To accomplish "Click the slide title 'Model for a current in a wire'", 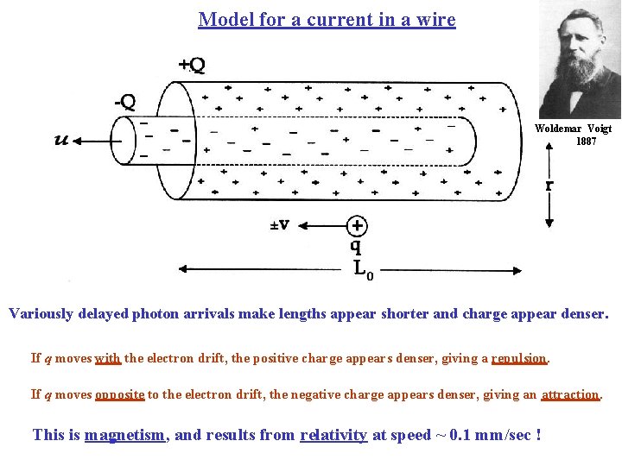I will point(327,19).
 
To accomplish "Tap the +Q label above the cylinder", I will point(191,65).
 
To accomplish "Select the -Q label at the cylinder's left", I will point(125,101).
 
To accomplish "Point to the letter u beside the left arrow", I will point(61,140).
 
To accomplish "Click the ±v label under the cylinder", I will point(279,225).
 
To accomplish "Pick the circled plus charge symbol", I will point(357,225).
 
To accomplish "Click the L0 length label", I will point(363,269).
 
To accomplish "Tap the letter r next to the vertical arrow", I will point(549,185).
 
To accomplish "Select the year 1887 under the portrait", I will point(586,141).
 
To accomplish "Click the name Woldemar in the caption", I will point(561,129).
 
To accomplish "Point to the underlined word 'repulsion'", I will point(518,358).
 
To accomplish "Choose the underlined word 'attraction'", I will point(570,394).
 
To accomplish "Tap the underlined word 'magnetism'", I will point(126,434).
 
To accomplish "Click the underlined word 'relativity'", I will point(333,434).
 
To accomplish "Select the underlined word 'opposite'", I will point(119,394).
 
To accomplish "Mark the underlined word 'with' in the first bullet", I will point(107,358).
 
